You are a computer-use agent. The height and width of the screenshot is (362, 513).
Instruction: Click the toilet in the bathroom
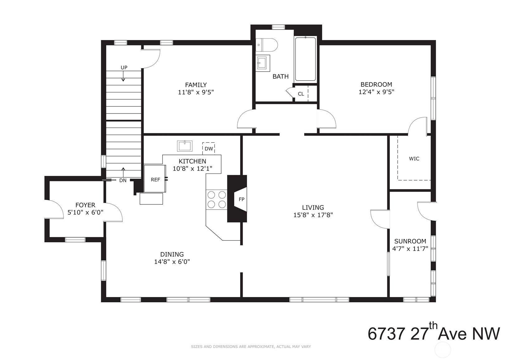point(267,45)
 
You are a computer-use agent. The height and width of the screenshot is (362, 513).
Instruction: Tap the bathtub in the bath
point(306,59)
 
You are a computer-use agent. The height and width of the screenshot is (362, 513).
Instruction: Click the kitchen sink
point(185,146)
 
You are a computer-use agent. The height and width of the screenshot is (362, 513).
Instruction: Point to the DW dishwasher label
point(209,149)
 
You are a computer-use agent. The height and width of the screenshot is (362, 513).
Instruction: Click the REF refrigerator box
point(155,179)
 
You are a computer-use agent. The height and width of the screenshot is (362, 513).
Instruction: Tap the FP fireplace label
point(241,199)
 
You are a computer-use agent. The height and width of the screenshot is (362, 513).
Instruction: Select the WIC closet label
point(414,159)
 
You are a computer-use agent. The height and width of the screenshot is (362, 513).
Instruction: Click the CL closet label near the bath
point(301,94)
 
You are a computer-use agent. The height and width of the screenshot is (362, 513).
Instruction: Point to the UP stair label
point(124,68)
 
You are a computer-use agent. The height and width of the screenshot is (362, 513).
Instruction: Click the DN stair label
point(123,180)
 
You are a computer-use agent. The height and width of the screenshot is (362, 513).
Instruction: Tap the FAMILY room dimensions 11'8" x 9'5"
point(196,92)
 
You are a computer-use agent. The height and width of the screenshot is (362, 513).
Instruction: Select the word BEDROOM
point(376,84)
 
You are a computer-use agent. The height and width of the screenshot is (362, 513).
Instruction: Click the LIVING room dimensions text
point(313,215)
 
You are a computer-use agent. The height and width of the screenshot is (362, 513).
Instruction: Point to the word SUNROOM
point(410,241)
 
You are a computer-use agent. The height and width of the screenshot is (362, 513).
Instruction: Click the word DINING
point(172,254)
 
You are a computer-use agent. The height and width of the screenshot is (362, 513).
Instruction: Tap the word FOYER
point(85,205)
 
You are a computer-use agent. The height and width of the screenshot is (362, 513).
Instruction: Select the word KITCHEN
point(192,161)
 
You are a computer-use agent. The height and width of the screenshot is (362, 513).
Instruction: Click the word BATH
point(281,77)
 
